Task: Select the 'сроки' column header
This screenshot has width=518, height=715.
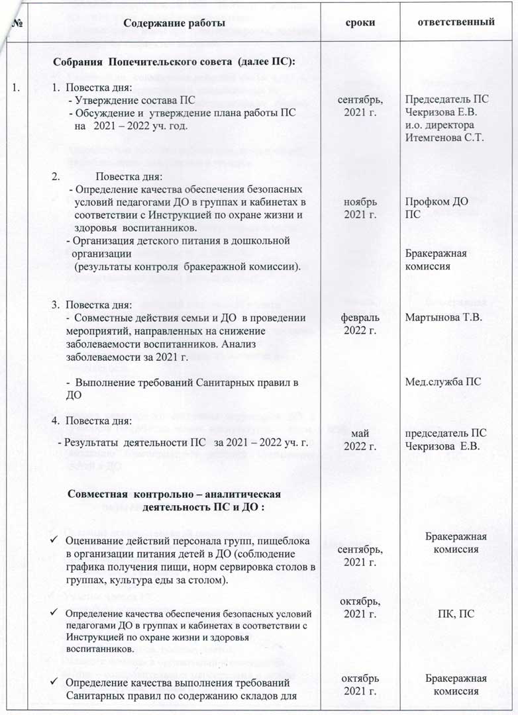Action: point(361,23)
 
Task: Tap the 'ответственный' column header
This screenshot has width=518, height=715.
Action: point(455,22)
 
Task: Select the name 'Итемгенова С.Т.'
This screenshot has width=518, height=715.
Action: point(445,137)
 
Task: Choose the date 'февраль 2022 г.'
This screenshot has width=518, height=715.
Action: point(360,324)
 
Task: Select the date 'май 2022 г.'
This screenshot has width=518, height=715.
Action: point(360,440)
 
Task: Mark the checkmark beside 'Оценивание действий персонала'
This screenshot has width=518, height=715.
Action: point(56,540)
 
